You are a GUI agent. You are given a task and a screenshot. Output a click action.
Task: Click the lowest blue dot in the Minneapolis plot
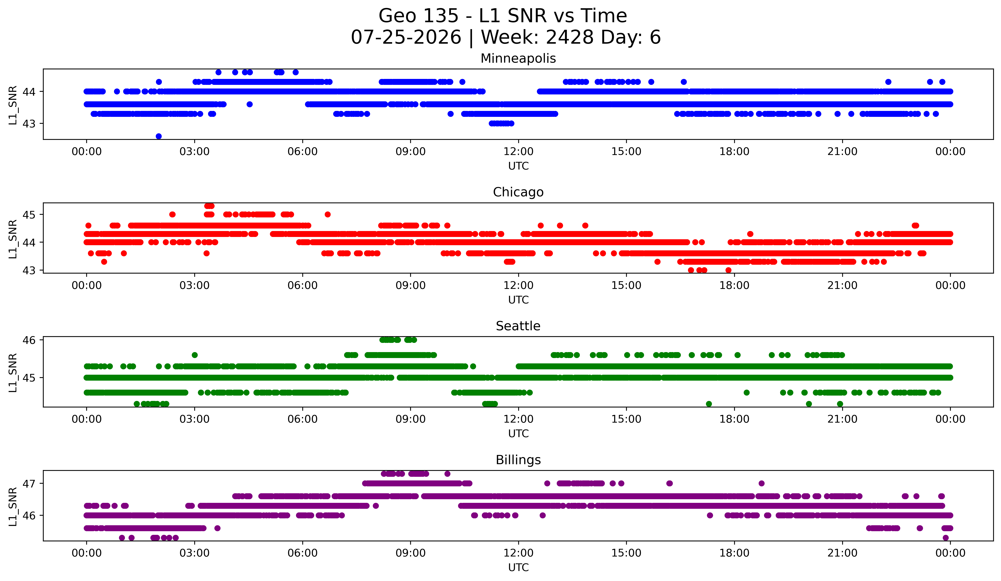[x=158, y=136]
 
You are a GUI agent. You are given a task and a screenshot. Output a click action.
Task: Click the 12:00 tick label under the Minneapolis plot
[x=518, y=152]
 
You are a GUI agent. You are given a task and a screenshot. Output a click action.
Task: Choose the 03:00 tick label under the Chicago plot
[x=195, y=286]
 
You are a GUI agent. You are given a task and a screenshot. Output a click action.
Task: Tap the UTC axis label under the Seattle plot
[x=518, y=434]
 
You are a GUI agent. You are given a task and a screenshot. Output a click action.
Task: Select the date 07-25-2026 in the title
[x=406, y=37]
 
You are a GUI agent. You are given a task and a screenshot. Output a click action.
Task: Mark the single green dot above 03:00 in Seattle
[x=195, y=355]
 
